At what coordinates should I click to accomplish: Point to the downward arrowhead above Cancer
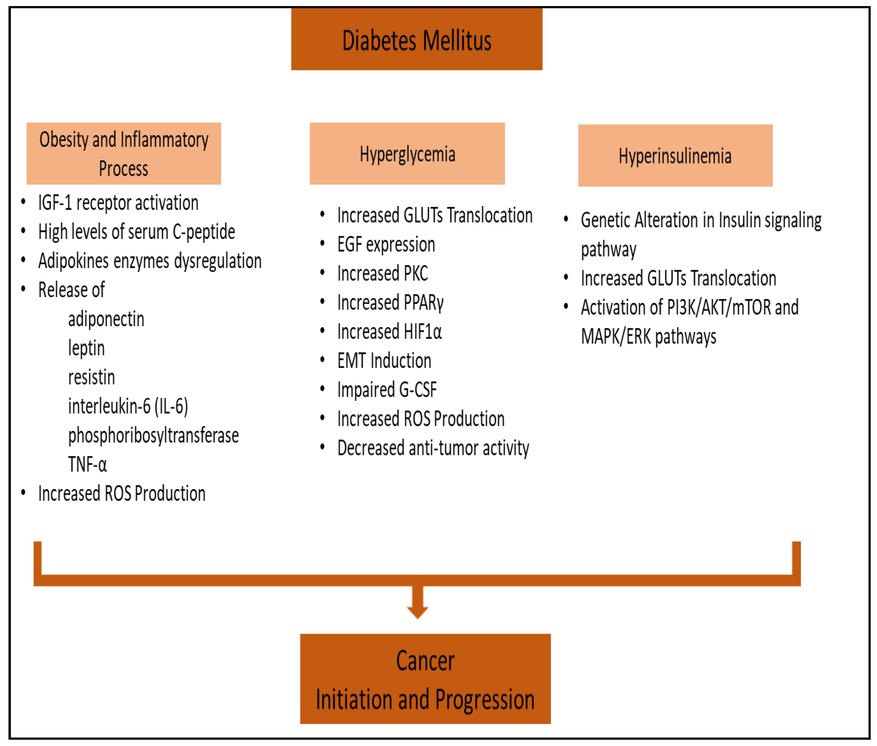(417, 611)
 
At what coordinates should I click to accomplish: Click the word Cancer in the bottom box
(425, 661)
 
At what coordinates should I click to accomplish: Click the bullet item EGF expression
(386, 245)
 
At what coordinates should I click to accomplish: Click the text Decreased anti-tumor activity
(433, 448)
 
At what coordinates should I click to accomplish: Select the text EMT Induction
(384, 361)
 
